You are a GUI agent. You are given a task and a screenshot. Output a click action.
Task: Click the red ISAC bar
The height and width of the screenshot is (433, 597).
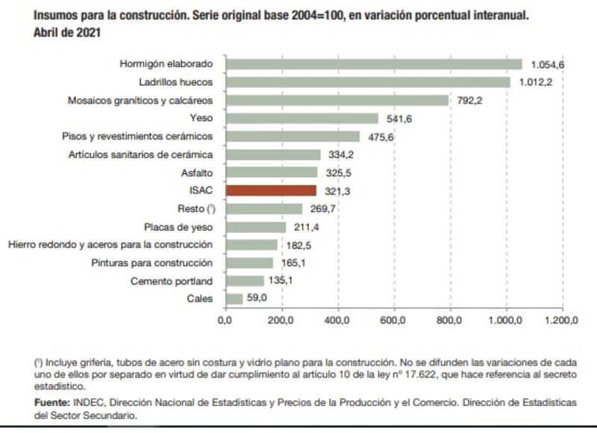pos(271,191)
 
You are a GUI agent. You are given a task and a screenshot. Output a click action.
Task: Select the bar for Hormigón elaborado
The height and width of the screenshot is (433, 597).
pos(374,64)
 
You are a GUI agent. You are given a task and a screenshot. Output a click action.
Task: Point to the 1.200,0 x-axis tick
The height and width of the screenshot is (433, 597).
pos(562,321)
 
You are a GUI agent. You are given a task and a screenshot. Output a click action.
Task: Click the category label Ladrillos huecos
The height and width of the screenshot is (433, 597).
pos(176,82)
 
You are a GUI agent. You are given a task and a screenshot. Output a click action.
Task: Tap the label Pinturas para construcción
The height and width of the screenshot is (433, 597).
pos(152,263)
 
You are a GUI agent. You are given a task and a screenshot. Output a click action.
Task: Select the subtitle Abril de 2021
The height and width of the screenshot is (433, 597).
pos(67,33)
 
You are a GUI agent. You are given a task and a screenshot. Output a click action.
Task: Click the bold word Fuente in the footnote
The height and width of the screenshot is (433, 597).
pos(51,402)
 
